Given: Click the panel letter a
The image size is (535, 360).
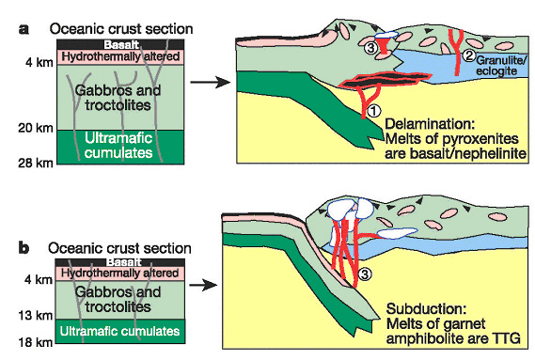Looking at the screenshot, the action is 24,29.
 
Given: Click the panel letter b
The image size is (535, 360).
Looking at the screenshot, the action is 24,248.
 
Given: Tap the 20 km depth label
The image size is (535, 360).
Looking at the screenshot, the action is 36,128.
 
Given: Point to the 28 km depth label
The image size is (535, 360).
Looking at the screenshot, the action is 36,163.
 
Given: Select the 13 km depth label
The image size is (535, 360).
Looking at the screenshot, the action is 36,315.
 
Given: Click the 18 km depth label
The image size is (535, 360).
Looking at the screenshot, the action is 36,342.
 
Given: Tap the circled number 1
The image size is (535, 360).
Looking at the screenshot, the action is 374,110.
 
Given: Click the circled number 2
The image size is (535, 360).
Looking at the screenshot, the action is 469,55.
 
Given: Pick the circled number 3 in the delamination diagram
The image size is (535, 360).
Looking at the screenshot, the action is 370,47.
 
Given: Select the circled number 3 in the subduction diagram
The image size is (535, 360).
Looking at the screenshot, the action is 365,274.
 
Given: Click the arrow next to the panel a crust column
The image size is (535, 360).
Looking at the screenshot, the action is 211,82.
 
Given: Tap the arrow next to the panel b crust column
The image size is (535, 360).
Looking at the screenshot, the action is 203,285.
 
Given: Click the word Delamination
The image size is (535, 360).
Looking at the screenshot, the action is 430,123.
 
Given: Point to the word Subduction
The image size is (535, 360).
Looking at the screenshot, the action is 426,308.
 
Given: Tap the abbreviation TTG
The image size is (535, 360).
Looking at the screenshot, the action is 507,338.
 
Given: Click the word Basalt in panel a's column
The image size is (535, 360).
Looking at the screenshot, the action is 121,45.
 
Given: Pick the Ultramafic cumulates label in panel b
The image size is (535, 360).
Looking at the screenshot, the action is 119,331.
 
